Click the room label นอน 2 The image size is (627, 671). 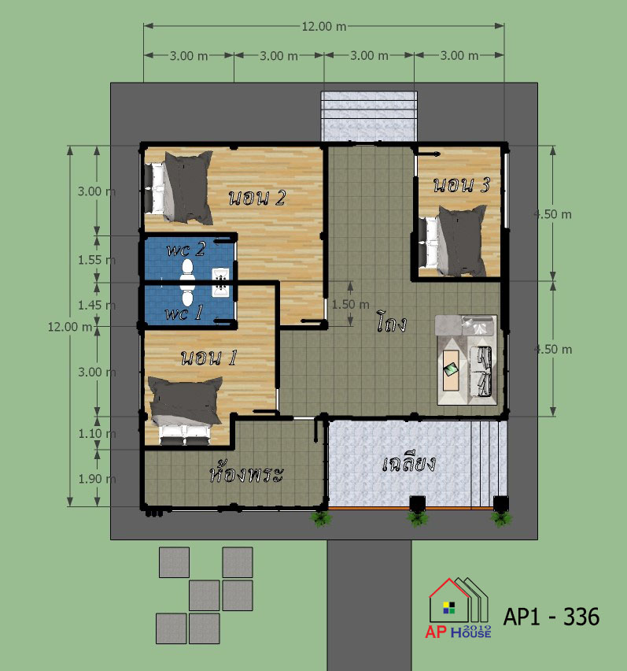tap(257, 198)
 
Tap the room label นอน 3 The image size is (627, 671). tap(462, 185)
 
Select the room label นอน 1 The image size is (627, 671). tap(208, 358)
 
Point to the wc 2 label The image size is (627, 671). tap(186, 249)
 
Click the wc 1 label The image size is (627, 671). tap(184, 313)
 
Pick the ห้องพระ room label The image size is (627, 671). tap(246, 473)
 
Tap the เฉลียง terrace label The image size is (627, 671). tap(409, 464)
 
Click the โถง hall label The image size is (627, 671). tap(391, 322)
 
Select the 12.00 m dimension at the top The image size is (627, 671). tap(324, 27)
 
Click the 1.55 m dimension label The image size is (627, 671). tap(97, 260)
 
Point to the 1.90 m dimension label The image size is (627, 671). tap(97, 479)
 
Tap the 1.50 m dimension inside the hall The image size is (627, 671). tap(350, 304)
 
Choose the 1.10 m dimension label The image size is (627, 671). tap(97, 433)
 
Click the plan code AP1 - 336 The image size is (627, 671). tap(551, 617)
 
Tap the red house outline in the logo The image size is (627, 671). tap(448, 600)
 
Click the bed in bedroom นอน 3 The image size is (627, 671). tap(452, 242)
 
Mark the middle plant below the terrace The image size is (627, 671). tap(417, 519)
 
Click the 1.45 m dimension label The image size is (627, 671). tap(97, 305)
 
